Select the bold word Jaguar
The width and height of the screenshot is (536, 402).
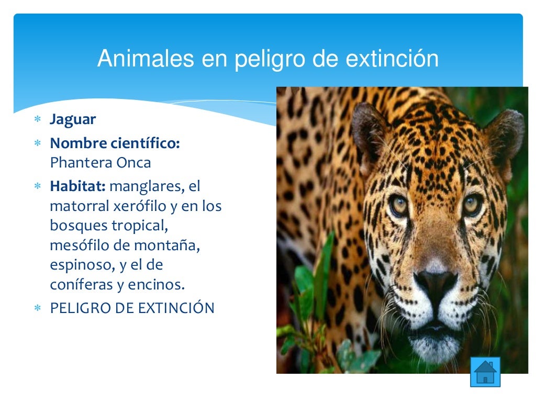coord(73,119)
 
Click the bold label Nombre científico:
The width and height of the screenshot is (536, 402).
coord(115,143)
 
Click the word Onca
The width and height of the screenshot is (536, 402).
coord(135,163)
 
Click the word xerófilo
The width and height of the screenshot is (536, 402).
coord(140,206)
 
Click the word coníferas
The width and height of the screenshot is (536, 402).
coord(78,285)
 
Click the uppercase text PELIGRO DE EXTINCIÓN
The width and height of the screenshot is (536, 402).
coord(132,308)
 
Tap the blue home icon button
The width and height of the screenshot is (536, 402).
coord(485,372)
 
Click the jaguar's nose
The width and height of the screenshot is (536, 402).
coord(436,281)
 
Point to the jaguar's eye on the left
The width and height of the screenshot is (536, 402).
coord(399,205)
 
